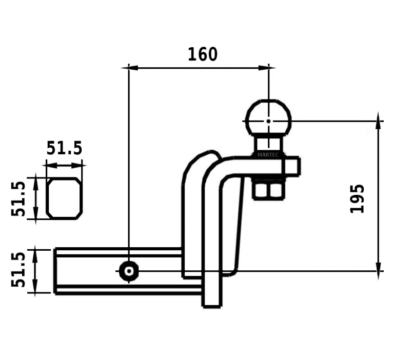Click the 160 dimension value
click(x=203, y=54)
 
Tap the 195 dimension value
click(x=357, y=198)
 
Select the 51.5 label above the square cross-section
click(x=64, y=148)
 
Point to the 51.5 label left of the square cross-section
click(x=18, y=198)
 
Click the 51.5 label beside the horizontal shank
click(x=18, y=270)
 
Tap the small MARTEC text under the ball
click(x=268, y=155)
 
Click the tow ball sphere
click(x=268, y=117)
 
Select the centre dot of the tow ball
click(x=268, y=121)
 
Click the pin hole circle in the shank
click(x=129, y=271)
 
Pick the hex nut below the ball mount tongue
click(x=268, y=190)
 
